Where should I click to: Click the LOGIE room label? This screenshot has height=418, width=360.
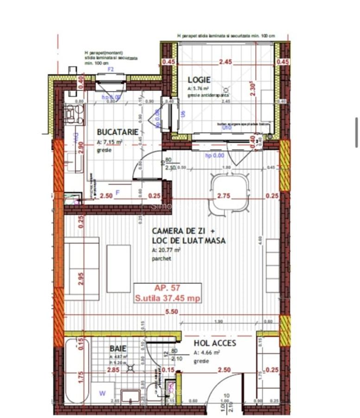coord(199,80)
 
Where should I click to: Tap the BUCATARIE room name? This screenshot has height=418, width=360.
coord(118,132)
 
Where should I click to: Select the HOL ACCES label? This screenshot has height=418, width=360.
coord(215,343)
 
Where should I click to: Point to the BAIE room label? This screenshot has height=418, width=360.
coord(118,348)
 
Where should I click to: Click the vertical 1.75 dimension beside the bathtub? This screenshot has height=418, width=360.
coord(81,377)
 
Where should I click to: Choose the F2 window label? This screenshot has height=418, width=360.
coord(111,69)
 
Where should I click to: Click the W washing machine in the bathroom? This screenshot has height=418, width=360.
coord(103,393)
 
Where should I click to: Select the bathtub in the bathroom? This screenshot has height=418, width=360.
coord(77,372)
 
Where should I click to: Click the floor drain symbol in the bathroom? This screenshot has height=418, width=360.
coord(131,368)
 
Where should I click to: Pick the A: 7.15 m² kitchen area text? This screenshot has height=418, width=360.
coord(109,143)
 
